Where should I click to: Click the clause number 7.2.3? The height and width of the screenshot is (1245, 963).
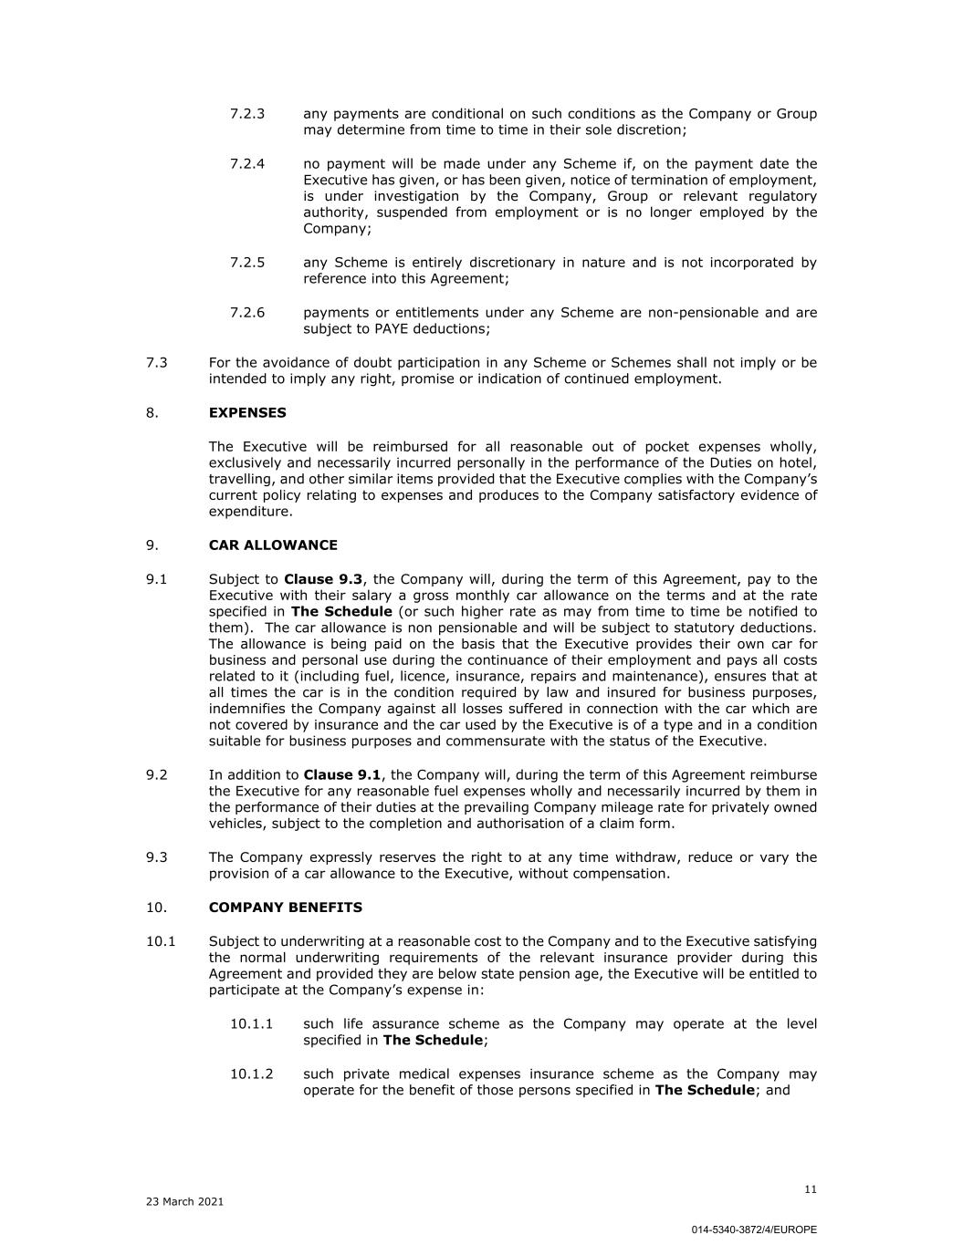tap(247, 114)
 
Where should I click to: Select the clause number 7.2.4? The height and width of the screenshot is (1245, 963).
tap(247, 164)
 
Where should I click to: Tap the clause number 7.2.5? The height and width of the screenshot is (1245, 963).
tap(247, 263)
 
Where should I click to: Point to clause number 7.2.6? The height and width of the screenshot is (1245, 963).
tap(247, 313)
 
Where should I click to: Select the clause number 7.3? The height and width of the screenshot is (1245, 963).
tap(157, 363)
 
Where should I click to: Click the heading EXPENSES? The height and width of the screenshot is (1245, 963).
tap(247, 413)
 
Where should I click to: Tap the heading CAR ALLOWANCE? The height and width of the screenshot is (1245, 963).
tap(273, 545)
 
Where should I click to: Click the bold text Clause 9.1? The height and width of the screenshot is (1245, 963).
tap(341, 775)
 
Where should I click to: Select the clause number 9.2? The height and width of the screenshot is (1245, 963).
tap(157, 775)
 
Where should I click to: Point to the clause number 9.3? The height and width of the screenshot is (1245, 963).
tap(157, 857)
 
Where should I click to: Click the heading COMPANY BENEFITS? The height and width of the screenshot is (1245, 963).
tap(286, 908)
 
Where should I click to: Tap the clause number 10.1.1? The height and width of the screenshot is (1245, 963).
tap(251, 1024)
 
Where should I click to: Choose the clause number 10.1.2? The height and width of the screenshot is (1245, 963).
tap(251, 1074)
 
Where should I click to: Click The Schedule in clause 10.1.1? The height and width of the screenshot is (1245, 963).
tap(433, 1041)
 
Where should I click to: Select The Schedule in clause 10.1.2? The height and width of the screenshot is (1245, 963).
tap(705, 1091)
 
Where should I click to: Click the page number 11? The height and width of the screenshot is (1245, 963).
tap(811, 1189)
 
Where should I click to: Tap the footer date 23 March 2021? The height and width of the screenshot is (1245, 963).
tap(184, 1202)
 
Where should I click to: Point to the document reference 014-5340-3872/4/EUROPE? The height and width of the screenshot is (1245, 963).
tap(754, 1229)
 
